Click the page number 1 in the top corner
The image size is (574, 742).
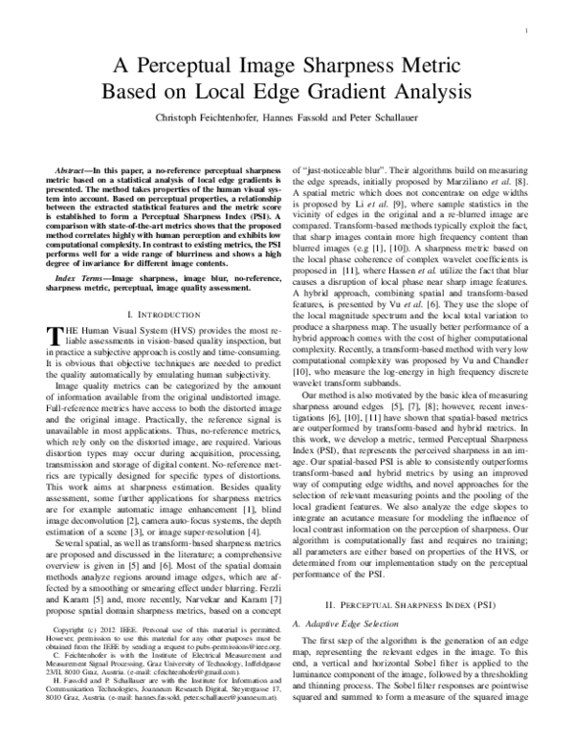528,31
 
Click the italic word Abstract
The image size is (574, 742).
77,167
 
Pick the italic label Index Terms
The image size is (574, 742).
79,278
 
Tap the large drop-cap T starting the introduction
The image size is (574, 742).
54,334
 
